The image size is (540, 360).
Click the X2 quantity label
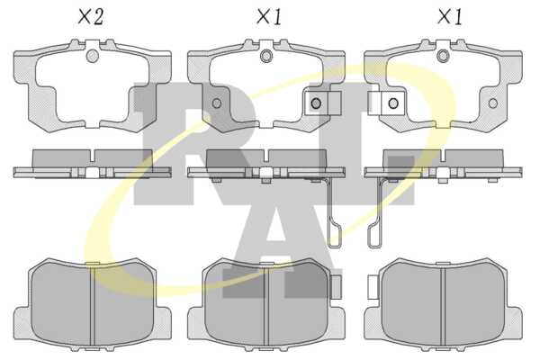(91, 17)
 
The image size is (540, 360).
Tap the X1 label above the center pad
(269, 17)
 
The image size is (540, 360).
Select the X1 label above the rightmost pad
(449, 17)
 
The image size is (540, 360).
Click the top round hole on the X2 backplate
(92, 56)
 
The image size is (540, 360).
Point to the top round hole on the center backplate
(266, 56)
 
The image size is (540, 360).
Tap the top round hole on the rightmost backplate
(443, 56)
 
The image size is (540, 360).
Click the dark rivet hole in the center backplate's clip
(316, 103)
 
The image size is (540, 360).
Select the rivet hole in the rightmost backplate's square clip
(393, 103)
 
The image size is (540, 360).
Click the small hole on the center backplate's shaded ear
(217, 103)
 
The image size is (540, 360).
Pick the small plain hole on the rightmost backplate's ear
(493, 103)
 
